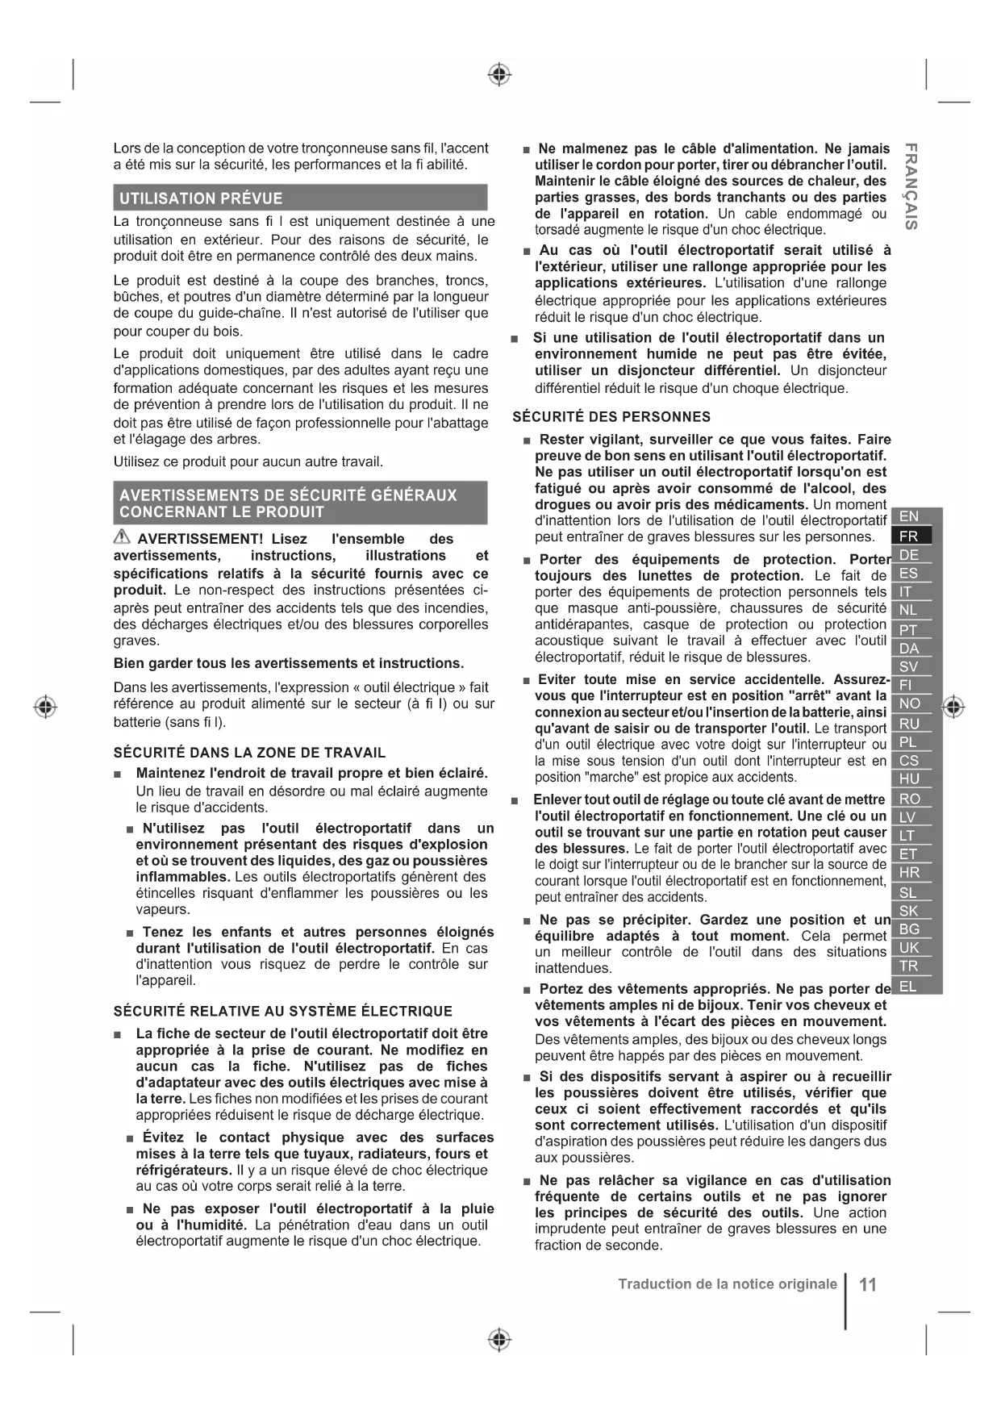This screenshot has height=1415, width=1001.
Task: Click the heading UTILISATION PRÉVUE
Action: coord(201,198)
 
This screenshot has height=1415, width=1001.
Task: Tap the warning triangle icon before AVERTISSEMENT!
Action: coord(122,537)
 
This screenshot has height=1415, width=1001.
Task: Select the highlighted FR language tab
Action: coord(909,536)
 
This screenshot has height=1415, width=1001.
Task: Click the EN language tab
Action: coord(909,516)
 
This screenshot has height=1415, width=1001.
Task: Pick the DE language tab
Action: coord(909,555)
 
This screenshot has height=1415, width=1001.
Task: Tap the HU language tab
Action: coord(909,779)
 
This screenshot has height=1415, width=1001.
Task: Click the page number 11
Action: coord(868,1284)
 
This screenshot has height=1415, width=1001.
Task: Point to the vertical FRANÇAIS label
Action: coord(910,186)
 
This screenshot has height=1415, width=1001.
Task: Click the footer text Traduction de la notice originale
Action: coord(728,1284)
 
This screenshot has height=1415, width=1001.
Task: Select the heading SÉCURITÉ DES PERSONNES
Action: coord(611,417)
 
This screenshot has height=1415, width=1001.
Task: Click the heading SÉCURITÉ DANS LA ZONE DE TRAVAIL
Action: coord(249,753)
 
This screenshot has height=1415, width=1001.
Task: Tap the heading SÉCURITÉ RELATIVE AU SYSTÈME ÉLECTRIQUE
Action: coord(282,1011)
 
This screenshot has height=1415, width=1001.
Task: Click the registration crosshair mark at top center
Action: coord(500,75)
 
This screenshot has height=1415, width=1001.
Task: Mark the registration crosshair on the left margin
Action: coord(46,706)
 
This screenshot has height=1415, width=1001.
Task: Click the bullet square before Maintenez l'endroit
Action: coord(119,774)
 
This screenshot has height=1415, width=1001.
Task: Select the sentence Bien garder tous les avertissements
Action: coord(288,663)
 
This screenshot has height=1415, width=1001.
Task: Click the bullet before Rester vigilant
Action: coord(527,440)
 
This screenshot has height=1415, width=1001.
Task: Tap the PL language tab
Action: coord(909,741)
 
